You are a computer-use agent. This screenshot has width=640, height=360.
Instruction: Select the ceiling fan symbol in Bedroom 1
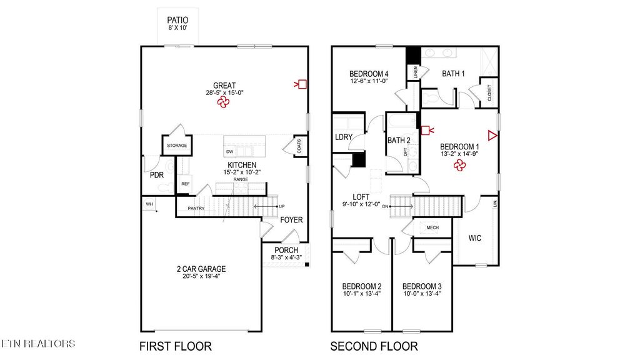(x=460, y=165)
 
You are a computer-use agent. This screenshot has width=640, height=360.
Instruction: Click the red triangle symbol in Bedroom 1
(x=492, y=136)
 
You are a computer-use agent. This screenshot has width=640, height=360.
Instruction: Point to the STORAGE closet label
(x=176, y=146)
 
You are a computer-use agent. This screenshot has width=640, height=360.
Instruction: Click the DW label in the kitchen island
(x=229, y=152)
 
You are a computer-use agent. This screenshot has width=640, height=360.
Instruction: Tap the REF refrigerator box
(x=185, y=184)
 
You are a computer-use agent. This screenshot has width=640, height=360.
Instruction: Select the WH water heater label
(x=149, y=204)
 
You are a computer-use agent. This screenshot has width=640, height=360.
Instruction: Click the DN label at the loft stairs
(x=386, y=206)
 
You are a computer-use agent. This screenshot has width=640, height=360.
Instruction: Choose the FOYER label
(x=291, y=220)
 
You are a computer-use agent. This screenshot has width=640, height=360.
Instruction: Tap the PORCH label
(x=285, y=250)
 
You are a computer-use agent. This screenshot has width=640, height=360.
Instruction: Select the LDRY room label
(x=343, y=137)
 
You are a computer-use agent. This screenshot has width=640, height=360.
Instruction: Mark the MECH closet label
(x=432, y=227)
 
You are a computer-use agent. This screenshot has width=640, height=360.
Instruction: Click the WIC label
(x=475, y=237)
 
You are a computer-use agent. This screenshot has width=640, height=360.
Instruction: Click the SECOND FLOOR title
(x=374, y=346)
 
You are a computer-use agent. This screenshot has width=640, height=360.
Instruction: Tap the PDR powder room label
(x=156, y=175)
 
